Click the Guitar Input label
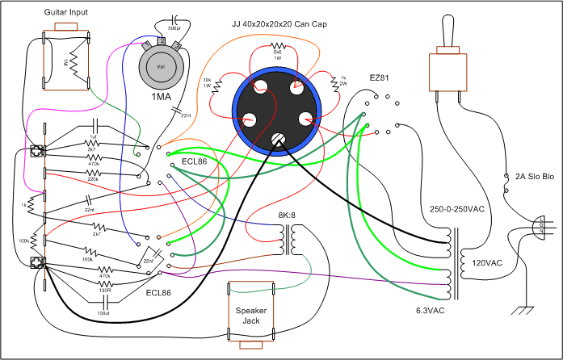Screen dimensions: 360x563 pos(65,14)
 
